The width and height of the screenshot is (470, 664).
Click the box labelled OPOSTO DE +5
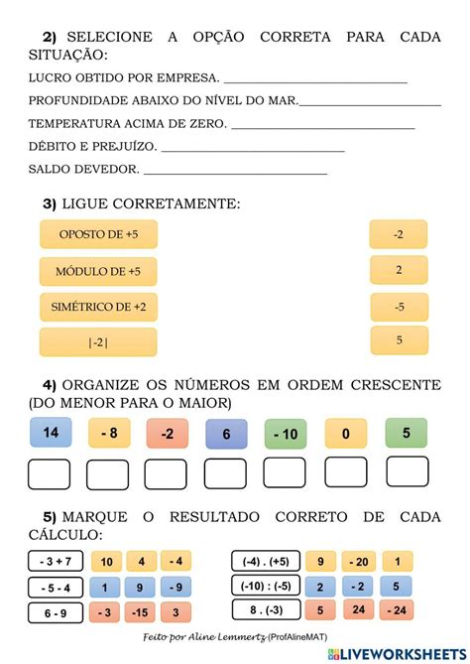coord(98,235)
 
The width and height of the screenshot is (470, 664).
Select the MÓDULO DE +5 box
coord(98,271)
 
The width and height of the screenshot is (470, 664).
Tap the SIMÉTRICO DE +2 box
coord(98,308)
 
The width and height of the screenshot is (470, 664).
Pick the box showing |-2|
coord(98,342)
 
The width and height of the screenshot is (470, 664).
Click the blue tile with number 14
coord(51,433)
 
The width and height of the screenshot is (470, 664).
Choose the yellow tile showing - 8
coord(109,434)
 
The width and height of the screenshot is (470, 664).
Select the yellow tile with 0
coord(344,434)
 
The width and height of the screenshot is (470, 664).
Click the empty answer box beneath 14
coord(50,474)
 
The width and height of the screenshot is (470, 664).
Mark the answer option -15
coord(140,611)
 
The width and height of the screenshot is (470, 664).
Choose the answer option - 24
coord(397,610)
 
